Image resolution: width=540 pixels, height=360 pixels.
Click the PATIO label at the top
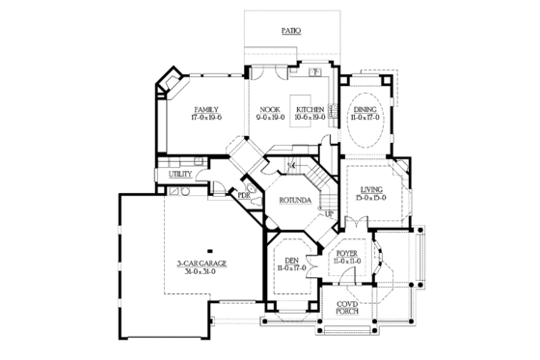[x=290, y=31]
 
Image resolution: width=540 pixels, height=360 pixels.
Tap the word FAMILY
[x=205, y=109]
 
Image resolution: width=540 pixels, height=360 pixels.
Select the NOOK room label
[x=268, y=109]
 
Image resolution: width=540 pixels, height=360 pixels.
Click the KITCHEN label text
[x=310, y=109]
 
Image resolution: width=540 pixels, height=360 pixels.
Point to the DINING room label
[x=365, y=109]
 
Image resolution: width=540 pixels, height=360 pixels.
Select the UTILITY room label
[x=180, y=175]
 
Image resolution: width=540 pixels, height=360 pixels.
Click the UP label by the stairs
[x=328, y=214]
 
